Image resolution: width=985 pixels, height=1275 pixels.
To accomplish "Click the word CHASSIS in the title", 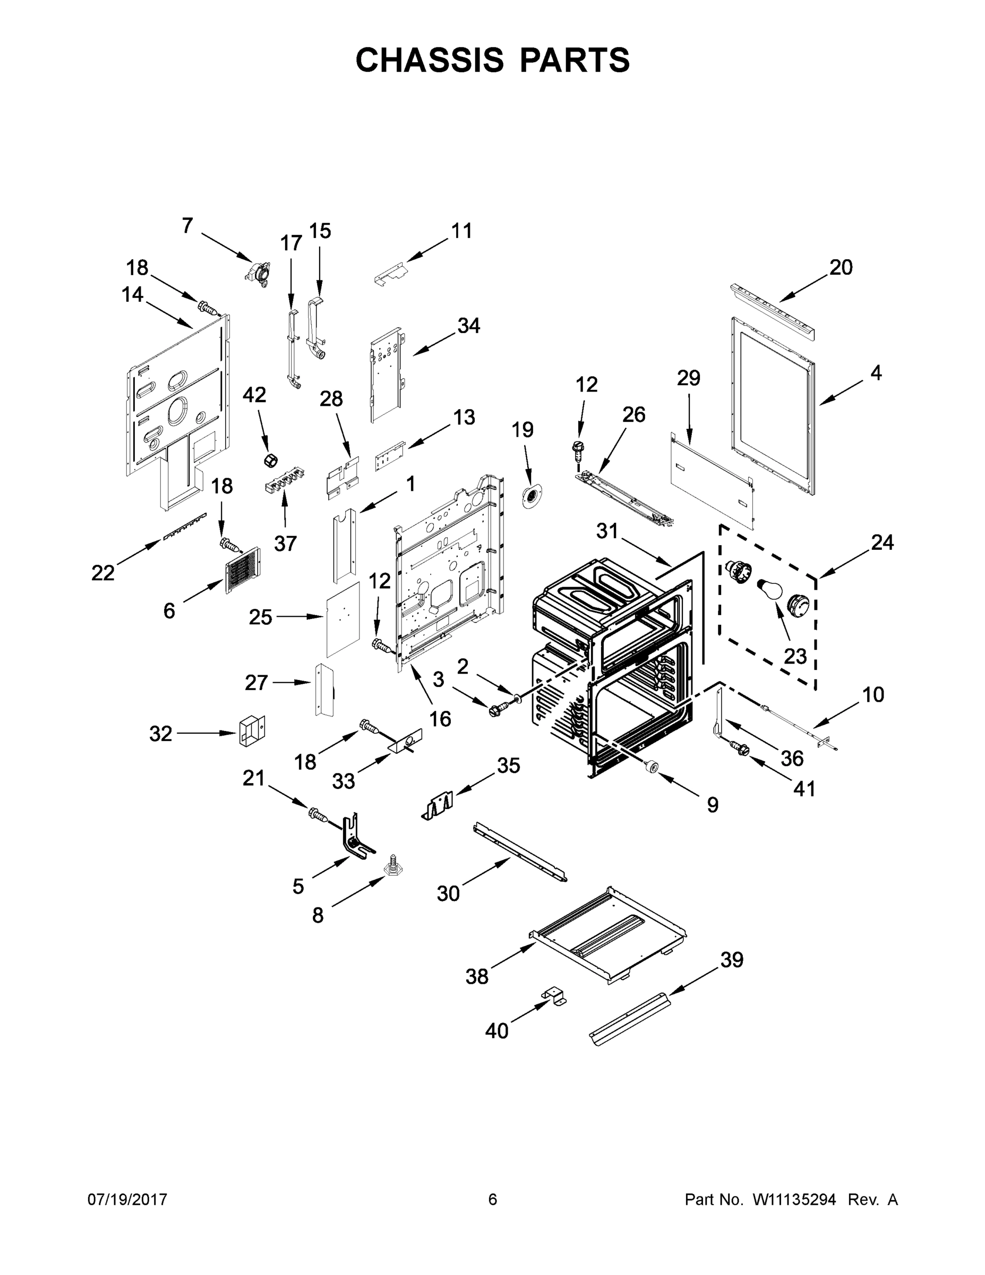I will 430,60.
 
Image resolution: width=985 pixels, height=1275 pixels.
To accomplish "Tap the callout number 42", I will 254,395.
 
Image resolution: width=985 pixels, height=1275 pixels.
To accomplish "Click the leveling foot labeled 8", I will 391,881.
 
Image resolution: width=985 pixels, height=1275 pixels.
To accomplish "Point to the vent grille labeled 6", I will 243,571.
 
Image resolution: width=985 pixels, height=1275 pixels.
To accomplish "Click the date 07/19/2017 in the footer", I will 127,1199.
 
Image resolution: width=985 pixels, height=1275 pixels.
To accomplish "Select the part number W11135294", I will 794,1199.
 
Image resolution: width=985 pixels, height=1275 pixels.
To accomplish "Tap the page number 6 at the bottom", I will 493,1199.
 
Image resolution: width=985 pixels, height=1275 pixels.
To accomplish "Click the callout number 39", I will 732,960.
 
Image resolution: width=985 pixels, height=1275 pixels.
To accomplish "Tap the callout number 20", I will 841,267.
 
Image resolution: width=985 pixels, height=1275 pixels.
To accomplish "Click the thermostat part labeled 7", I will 258,272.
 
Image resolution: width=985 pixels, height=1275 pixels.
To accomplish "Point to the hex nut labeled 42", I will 270,460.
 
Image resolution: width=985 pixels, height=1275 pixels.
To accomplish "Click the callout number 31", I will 607,531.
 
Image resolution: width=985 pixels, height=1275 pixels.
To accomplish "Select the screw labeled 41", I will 741,749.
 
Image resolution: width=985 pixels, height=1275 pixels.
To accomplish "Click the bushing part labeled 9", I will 650,768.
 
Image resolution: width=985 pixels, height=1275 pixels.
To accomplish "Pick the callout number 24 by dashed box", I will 883,542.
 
